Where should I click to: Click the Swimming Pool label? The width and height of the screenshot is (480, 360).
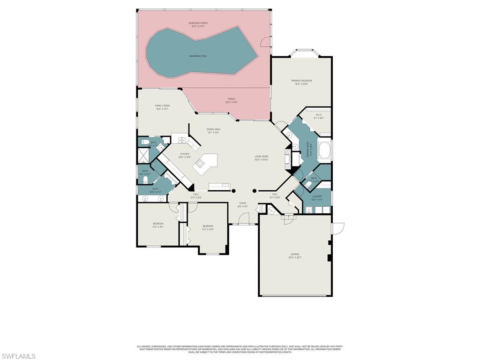coord(198,56)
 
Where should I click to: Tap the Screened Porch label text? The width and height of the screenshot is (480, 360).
coord(198,23)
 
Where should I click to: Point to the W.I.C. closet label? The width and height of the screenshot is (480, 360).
coord(318,115)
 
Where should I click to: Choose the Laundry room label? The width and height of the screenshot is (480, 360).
coord(317,196)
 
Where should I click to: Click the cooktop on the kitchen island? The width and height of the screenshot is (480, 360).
coord(200,163)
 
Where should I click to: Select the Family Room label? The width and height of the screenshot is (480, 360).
coord(162,106)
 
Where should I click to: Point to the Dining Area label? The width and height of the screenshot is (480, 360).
coord(213,129)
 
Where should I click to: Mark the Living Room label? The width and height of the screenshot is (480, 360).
coord(261,157)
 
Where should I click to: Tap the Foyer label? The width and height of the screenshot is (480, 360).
coord(243,203)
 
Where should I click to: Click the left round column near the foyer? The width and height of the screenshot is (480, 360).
coord(233,191)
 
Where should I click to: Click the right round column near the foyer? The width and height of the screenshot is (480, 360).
coord(255,191)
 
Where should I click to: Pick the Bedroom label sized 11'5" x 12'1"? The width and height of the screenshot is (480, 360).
coord(158,224)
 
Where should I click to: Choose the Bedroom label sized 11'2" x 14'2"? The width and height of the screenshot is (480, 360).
coord(208,226)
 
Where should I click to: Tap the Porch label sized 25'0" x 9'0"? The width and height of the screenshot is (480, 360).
coord(232,99)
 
